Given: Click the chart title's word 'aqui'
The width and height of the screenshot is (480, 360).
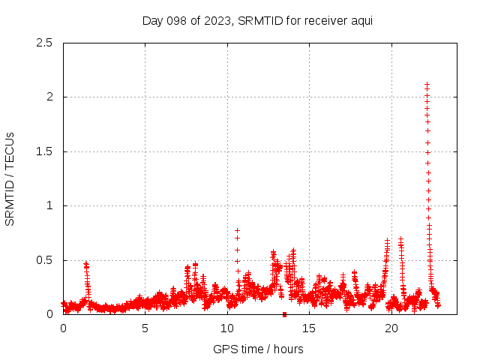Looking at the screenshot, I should tap(361, 20).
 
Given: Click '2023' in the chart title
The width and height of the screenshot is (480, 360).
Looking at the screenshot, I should tap(217, 20).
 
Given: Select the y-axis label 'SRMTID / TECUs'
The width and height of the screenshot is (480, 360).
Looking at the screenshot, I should tap(10, 178).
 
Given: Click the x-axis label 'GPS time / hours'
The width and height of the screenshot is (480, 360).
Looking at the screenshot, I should tap(258, 349).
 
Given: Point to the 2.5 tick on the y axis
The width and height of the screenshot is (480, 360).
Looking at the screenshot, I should tap(46, 43).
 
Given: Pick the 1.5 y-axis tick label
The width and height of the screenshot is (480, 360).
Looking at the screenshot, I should tap(46, 151).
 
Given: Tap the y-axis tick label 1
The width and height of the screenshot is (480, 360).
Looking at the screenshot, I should tap(52, 205).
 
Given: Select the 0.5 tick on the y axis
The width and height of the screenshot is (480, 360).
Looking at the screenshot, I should tap(46, 260).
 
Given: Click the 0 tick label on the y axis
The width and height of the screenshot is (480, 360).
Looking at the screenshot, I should tap(52, 314).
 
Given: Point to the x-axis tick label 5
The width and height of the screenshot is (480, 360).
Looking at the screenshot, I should tap(145, 328).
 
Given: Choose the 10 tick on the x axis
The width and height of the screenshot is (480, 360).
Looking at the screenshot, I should tap(226, 328).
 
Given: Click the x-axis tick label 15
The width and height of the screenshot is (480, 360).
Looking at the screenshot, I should tap(308, 328).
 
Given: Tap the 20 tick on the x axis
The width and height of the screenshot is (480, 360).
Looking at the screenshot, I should tap(390, 328).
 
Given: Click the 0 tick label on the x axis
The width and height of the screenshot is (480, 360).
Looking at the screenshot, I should tap(63, 328).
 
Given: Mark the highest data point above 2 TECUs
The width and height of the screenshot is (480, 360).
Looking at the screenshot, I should tap(427, 85).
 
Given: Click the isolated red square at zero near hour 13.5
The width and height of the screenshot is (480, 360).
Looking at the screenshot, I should tap(284, 314).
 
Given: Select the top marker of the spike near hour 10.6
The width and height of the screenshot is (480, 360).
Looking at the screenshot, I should tap(237, 231).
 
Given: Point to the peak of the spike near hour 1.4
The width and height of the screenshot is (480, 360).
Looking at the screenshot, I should tap(86, 264).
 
